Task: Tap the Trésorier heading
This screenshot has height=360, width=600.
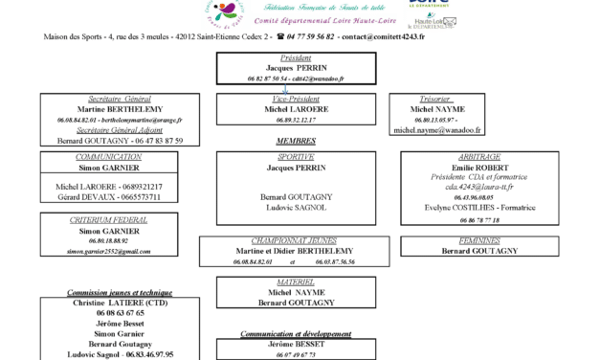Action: point(435,99)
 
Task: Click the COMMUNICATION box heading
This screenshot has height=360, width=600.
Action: point(108,156)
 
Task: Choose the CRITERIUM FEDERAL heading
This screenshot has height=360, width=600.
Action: point(108,220)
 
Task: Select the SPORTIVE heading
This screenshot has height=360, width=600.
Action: point(296,156)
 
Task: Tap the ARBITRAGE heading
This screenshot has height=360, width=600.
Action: point(478,156)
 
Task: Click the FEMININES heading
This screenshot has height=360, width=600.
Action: point(478,240)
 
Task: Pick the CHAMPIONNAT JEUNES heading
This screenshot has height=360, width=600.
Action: point(295,240)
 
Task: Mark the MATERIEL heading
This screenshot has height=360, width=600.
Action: point(296,281)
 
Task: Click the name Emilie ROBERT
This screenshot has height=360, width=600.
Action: point(478,167)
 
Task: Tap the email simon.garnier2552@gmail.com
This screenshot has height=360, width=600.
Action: point(108,251)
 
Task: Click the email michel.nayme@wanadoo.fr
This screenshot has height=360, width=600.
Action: point(437,129)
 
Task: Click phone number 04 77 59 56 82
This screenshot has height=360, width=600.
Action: point(305,36)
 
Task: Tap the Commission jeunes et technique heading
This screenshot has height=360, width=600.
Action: point(120,292)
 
